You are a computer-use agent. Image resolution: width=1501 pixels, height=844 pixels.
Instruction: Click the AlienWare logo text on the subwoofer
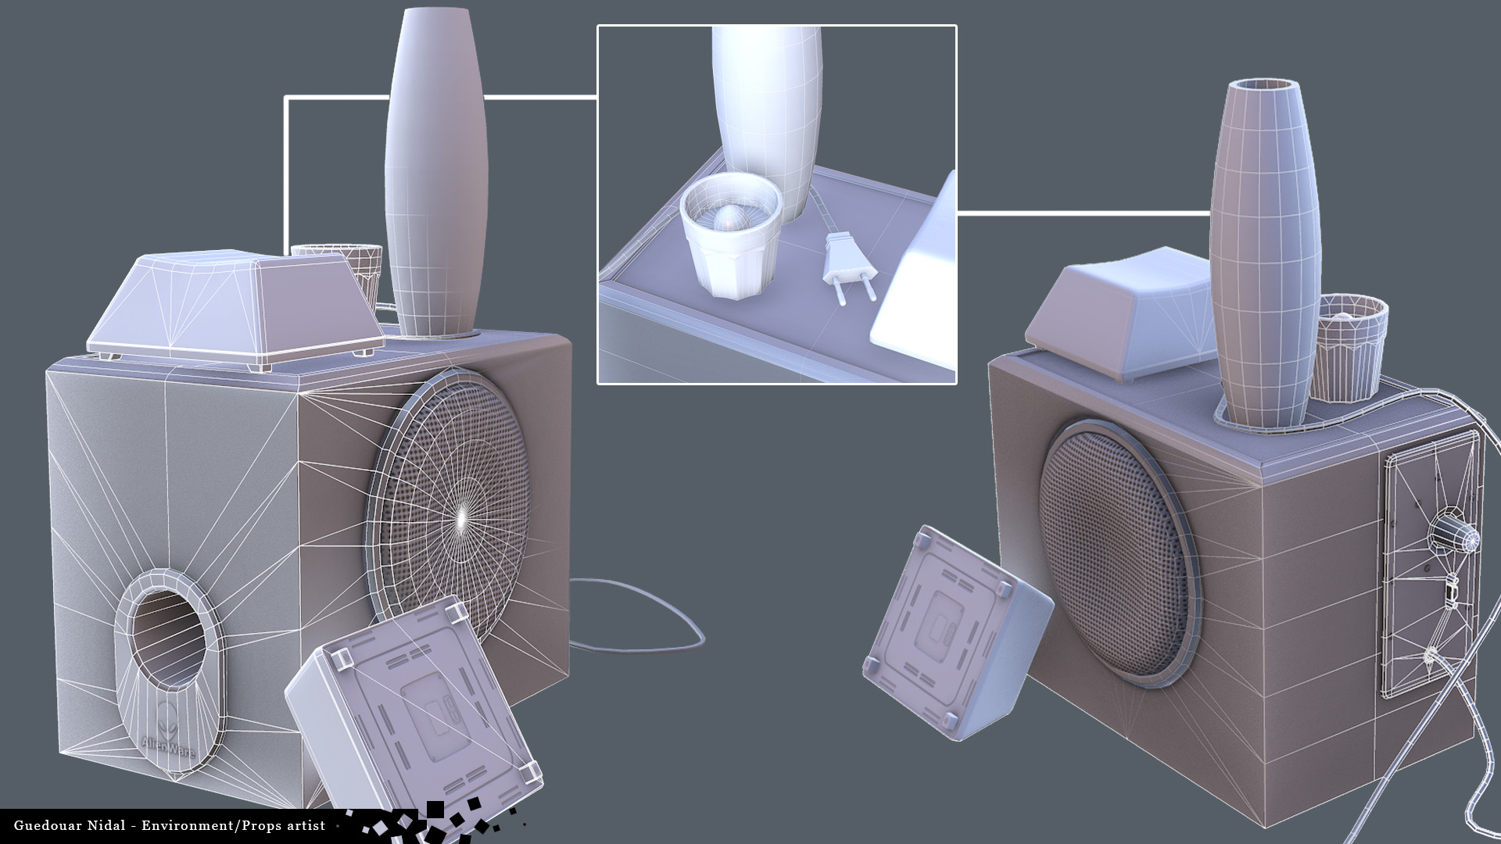coord(167,743)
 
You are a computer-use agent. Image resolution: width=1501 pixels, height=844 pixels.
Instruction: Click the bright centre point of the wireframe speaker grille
coord(461,516)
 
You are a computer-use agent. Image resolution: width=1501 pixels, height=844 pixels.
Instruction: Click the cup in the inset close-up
coord(732,234)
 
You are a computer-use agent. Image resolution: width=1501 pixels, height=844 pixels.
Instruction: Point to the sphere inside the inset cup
coord(730,219)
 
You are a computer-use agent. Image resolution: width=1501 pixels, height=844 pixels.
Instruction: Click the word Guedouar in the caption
coord(48,825)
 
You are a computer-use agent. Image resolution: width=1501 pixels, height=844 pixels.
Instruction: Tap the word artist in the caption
coord(306,826)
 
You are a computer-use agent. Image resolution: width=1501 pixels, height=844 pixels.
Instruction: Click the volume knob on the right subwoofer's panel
coord(1454,535)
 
